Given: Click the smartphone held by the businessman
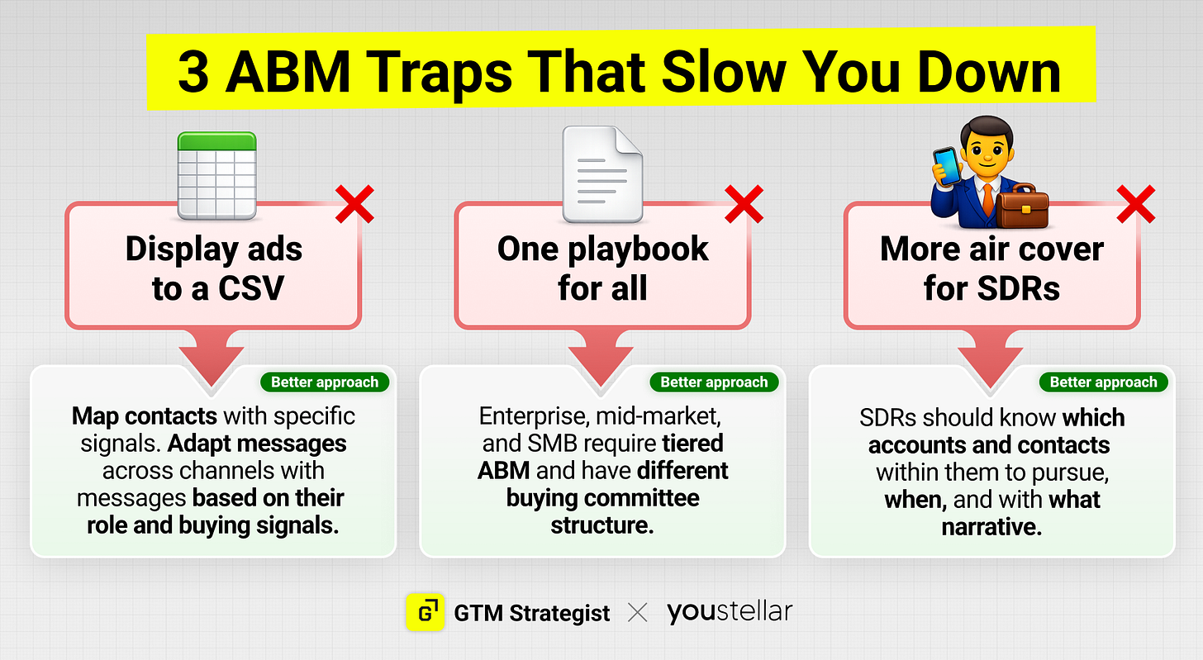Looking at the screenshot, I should click(948, 166).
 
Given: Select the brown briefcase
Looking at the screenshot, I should click(1022, 206).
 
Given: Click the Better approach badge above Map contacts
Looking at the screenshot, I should click(325, 382).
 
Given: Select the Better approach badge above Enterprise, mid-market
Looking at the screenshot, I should click(714, 382).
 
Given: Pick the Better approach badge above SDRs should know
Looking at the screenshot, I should click(1103, 382).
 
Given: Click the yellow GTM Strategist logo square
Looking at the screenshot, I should click(426, 612).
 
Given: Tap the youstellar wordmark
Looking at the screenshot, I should click(730, 612).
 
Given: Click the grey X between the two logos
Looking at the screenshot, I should click(638, 612).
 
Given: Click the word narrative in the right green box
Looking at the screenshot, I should click(991, 527).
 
